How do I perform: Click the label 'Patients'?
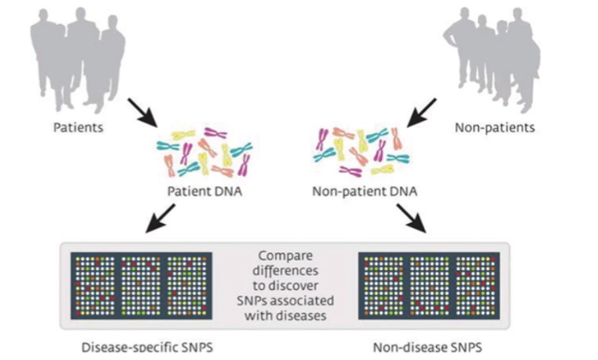[77, 127]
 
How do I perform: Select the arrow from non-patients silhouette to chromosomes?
[421, 113]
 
